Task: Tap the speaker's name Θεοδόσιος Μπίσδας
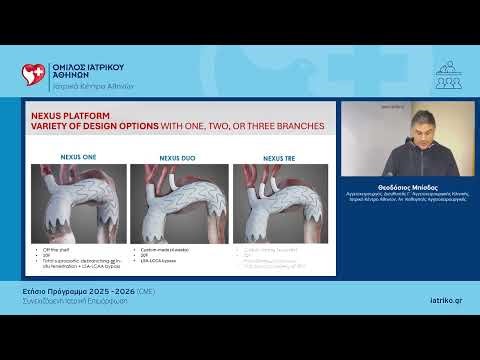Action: click(408, 187)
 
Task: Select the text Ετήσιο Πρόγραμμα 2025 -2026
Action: click(71, 288)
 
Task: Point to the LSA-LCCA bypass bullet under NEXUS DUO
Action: click(159, 257)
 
